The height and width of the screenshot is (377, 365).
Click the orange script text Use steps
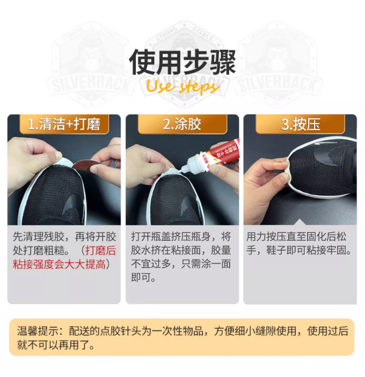(x=182, y=87)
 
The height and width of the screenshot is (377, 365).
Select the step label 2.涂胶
(x=182, y=125)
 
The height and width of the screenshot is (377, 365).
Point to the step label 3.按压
(x=300, y=125)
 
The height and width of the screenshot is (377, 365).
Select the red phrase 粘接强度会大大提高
(x=58, y=265)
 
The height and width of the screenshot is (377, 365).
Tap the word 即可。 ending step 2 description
(x=144, y=278)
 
